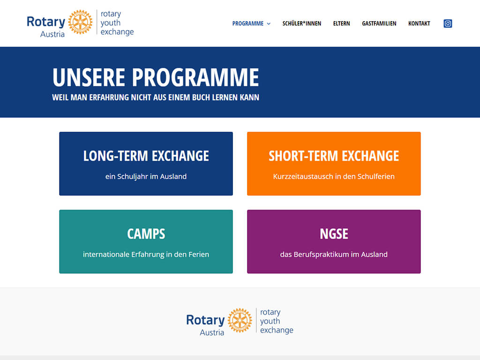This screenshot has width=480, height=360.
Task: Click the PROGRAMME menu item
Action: click(x=247, y=23)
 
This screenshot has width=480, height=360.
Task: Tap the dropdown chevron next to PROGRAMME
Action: click(x=269, y=24)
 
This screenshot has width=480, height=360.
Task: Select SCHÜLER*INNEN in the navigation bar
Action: click(x=301, y=23)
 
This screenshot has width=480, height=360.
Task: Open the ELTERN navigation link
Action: click(x=341, y=23)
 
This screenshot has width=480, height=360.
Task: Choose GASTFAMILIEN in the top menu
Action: click(x=379, y=23)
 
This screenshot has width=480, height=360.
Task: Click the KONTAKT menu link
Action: click(x=419, y=23)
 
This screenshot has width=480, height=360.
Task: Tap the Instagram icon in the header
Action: click(x=448, y=23)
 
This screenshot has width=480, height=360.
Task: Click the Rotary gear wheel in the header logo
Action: click(x=80, y=22)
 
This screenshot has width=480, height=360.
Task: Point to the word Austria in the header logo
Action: click(x=52, y=34)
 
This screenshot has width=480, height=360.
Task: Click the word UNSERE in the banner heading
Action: click(x=89, y=77)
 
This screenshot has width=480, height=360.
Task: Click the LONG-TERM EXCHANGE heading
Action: click(x=146, y=156)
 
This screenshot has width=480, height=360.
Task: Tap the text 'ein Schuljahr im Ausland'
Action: click(x=146, y=177)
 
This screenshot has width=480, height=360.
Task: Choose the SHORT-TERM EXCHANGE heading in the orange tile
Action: click(x=334, y=156)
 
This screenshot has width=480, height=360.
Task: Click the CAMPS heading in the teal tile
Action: click(x=146, y=233)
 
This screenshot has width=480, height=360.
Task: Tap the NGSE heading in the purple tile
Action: click(x=334, y=233)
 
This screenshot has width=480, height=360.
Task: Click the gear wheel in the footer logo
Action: click(x=240, y=320)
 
